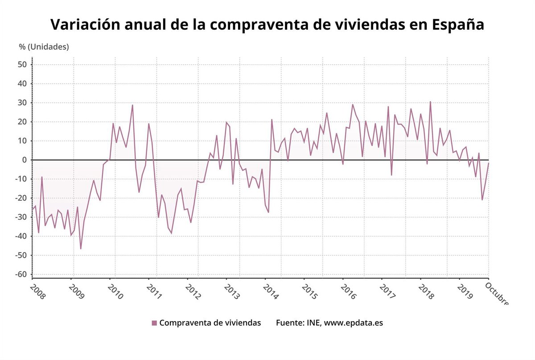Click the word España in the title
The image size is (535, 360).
click(458, 25)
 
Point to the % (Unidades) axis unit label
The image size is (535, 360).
click(44, 47)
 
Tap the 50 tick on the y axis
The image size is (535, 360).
click(23, 65)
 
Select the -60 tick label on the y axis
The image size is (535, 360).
click(21, 274)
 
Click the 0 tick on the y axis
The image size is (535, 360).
click(25, 160)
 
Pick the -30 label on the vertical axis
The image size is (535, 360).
click(21, 217)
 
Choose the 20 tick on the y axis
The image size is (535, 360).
click(23, 122)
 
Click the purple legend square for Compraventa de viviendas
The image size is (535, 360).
click(154, 323)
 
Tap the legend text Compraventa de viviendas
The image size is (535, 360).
click(210, 323)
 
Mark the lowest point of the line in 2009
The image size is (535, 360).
click(81, 249)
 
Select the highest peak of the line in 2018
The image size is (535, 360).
click(430, 102)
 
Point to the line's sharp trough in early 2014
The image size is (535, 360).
click(268, 212)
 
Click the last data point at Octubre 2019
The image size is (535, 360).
click(489, 163)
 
